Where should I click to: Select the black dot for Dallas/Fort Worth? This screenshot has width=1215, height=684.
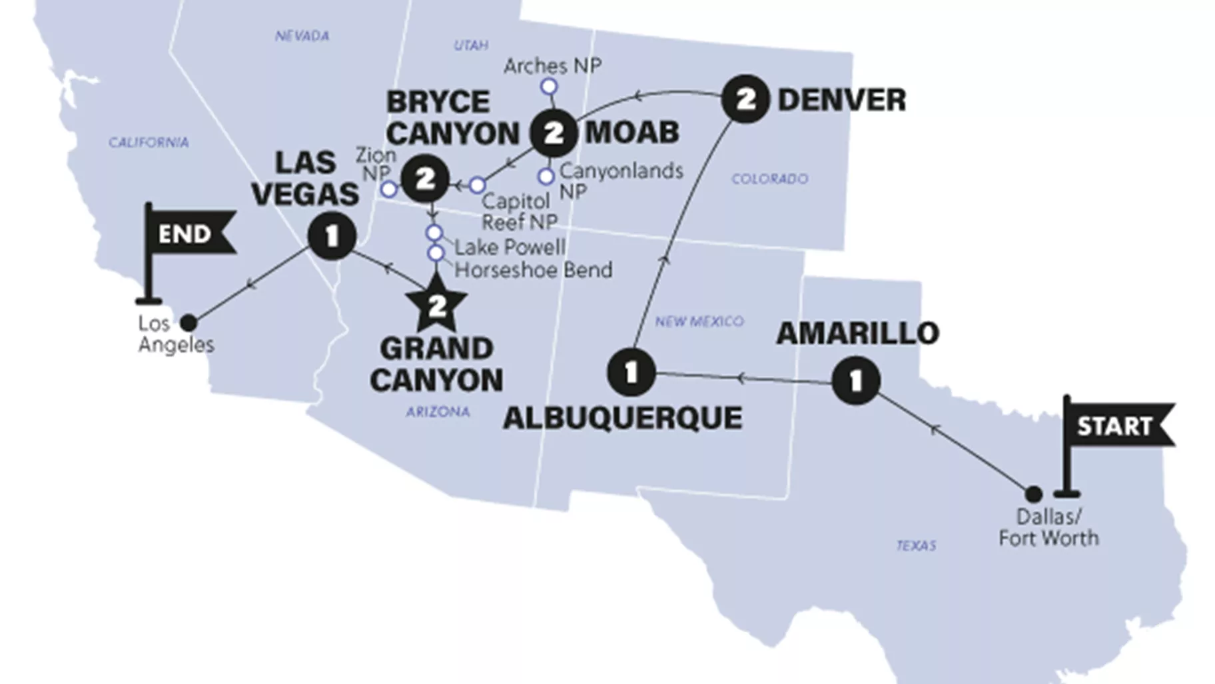[x=1033, y=494]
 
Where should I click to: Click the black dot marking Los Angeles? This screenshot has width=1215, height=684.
[x=189, y=323]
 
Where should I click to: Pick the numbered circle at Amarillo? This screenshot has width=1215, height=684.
[x=856, y=381]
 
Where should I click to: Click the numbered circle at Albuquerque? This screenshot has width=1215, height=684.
[x=631, y=372]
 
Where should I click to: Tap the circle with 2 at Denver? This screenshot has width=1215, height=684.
[x=745, y=99]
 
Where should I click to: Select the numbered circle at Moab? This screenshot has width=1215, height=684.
[x=554, y=133]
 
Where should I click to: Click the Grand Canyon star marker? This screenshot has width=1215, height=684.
[x=437, y=306]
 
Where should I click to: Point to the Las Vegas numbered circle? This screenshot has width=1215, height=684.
[x=332, y=235]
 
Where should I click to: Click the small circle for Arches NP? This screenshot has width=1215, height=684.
[x=549, y=87]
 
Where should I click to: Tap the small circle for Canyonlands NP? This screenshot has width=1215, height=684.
[x=546, y=177]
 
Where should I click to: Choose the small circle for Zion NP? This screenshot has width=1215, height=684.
[x=389, y=189]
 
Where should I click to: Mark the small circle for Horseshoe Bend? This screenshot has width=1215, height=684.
[x=436, y=253]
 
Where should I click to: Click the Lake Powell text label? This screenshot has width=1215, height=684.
[x=510, y=247]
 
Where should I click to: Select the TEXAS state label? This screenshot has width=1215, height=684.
[x=916, y=545]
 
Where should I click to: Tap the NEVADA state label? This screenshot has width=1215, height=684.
[x=302, y=36]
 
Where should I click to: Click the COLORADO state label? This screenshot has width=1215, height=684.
[x=769, y=179]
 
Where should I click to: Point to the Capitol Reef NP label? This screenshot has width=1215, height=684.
[x=519, y=211]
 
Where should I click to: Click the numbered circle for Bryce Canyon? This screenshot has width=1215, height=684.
[x=426, y=179]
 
